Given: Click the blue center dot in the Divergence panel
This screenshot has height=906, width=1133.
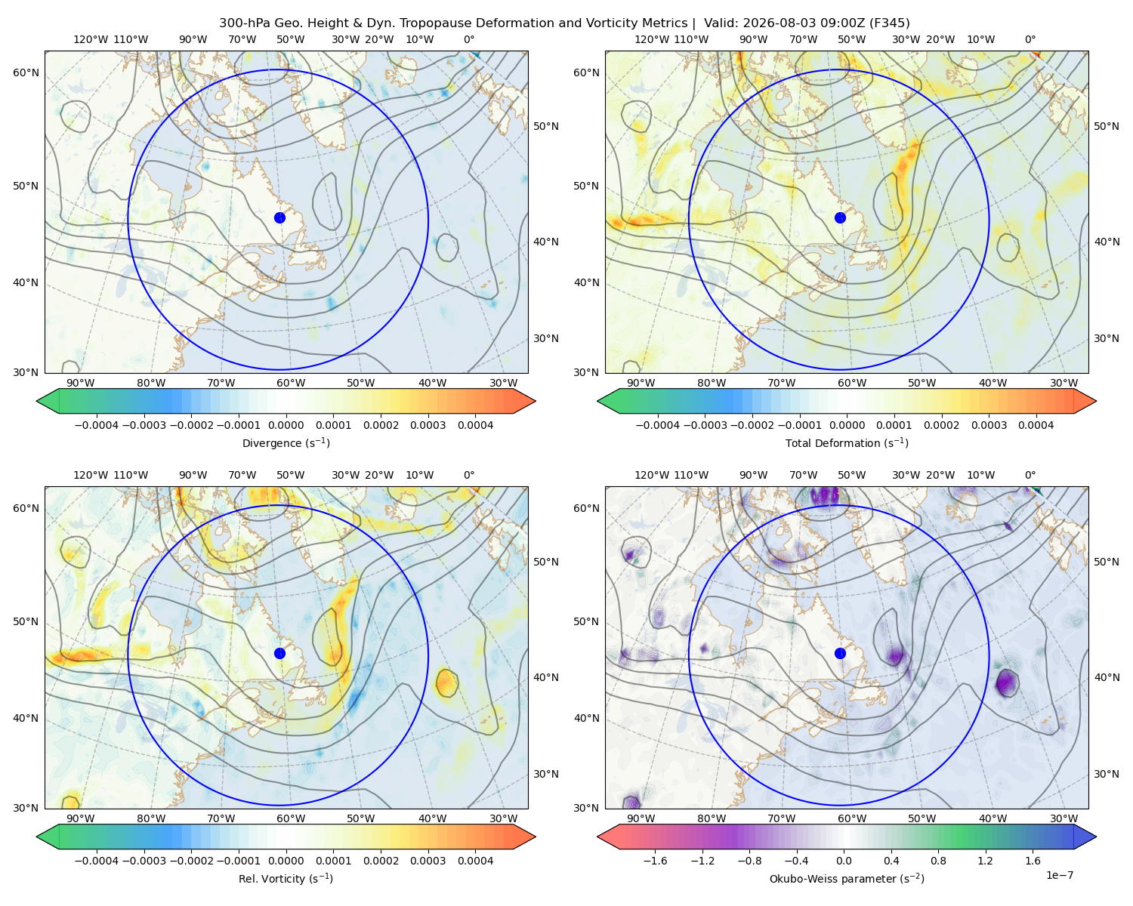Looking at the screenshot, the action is click(279, 217).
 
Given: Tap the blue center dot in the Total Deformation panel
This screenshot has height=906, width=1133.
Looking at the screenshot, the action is click(840, 217).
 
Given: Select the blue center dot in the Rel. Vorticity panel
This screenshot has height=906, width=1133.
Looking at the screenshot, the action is click(279, 653).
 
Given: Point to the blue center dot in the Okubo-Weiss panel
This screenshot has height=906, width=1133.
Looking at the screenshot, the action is click(840, 653).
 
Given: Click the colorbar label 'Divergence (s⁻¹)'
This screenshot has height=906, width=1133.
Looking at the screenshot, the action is click(286, 442).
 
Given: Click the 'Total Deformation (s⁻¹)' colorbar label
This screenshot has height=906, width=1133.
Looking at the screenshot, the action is click(847, 442).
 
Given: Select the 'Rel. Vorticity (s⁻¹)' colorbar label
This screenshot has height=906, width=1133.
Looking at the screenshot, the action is click(286, 878).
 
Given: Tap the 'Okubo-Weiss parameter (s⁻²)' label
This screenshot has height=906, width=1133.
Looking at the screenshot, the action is click(847, 878).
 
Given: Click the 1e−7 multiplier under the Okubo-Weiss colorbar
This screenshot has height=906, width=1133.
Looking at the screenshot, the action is click(1059, 875).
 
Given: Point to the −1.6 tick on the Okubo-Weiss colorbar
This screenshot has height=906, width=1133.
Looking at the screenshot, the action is click(655, 860).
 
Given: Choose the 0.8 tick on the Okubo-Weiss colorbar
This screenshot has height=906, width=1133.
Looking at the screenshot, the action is click(938, 860).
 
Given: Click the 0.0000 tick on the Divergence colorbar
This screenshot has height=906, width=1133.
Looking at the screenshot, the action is click(286, 425).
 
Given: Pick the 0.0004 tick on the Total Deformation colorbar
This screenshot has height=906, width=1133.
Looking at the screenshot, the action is click(1036, 425).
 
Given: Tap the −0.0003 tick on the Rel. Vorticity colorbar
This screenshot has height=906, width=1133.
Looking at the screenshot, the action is click(144, 860).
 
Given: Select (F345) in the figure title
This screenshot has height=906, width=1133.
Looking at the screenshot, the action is click(889, 23).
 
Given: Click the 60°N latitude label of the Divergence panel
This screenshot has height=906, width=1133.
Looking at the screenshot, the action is click(26, 72).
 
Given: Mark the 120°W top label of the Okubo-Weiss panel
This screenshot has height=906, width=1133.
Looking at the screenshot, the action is click(652, 474).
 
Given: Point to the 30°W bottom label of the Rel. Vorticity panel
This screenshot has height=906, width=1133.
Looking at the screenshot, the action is click(503, 818).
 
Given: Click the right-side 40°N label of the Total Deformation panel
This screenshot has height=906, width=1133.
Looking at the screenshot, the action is click(1107, 241).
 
